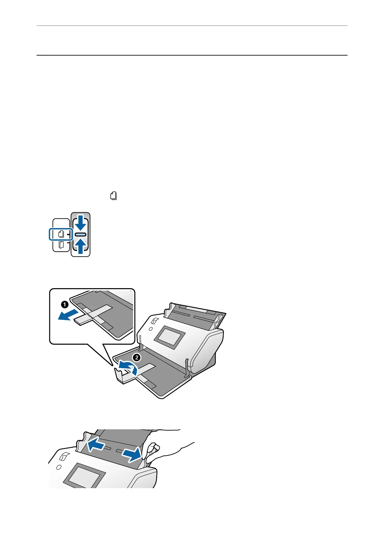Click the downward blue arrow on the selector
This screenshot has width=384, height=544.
pos(80,223)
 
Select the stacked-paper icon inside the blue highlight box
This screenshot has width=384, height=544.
pos(61,234)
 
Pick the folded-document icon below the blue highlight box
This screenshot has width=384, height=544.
pos(61,245)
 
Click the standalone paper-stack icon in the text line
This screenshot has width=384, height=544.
pos(114,196)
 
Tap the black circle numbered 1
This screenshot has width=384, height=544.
pos(65,304)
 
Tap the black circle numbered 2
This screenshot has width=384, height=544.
pos(137,358)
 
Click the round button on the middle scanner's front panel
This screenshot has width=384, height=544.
pos(150,330)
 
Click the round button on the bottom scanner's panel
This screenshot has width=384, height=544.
pos(58,467)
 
